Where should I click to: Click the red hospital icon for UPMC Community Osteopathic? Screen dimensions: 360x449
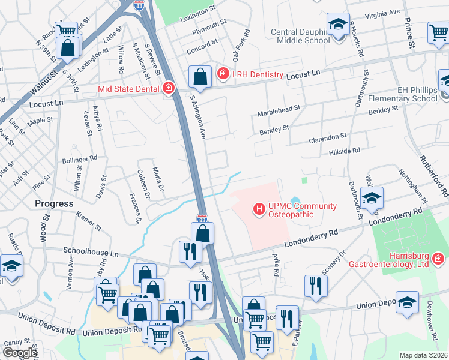pyautogui.click(x=259, y=209)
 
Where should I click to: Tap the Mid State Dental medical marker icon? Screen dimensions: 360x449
pyautogui.click(x=169, y=89)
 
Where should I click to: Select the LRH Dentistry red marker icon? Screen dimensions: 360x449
pyautogui.click(x=223, y=74)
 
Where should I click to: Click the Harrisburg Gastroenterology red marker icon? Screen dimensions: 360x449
pyautogui.click(x=438, y=259)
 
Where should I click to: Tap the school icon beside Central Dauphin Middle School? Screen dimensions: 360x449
pyautogui.click(x=338, y=26)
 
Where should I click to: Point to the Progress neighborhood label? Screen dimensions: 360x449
pyautogui.click(x=54, y=203)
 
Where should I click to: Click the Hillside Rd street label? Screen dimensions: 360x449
pyautogui.click(x=344, y=152)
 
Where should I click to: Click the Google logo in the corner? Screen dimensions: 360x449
pyautogui.click(x=20, y=353)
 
